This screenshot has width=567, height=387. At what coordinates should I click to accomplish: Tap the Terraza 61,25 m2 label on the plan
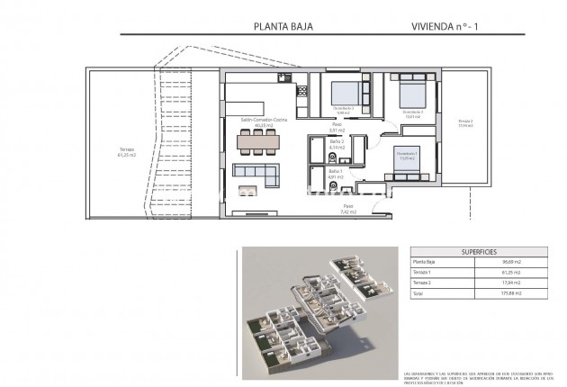point(126,152)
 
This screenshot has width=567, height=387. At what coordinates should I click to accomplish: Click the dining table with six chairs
point(257,139)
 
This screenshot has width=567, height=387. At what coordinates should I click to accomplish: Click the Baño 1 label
point(335,173)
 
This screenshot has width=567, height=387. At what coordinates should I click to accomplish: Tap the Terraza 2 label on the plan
point(464,122)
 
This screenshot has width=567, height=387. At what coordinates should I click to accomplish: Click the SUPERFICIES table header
point(480,252)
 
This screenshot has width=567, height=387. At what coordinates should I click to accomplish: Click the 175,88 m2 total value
point(510,292)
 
